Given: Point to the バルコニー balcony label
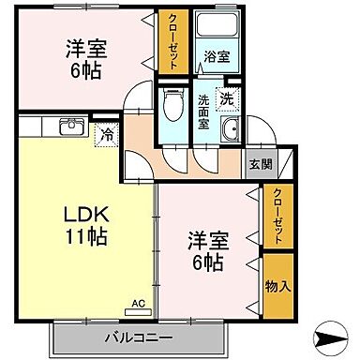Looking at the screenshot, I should pos(138,336).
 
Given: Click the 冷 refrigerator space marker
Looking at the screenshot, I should pos(110,135).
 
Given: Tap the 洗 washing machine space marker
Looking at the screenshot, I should pos(227,97).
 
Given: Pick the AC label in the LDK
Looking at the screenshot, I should pos(137,305).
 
